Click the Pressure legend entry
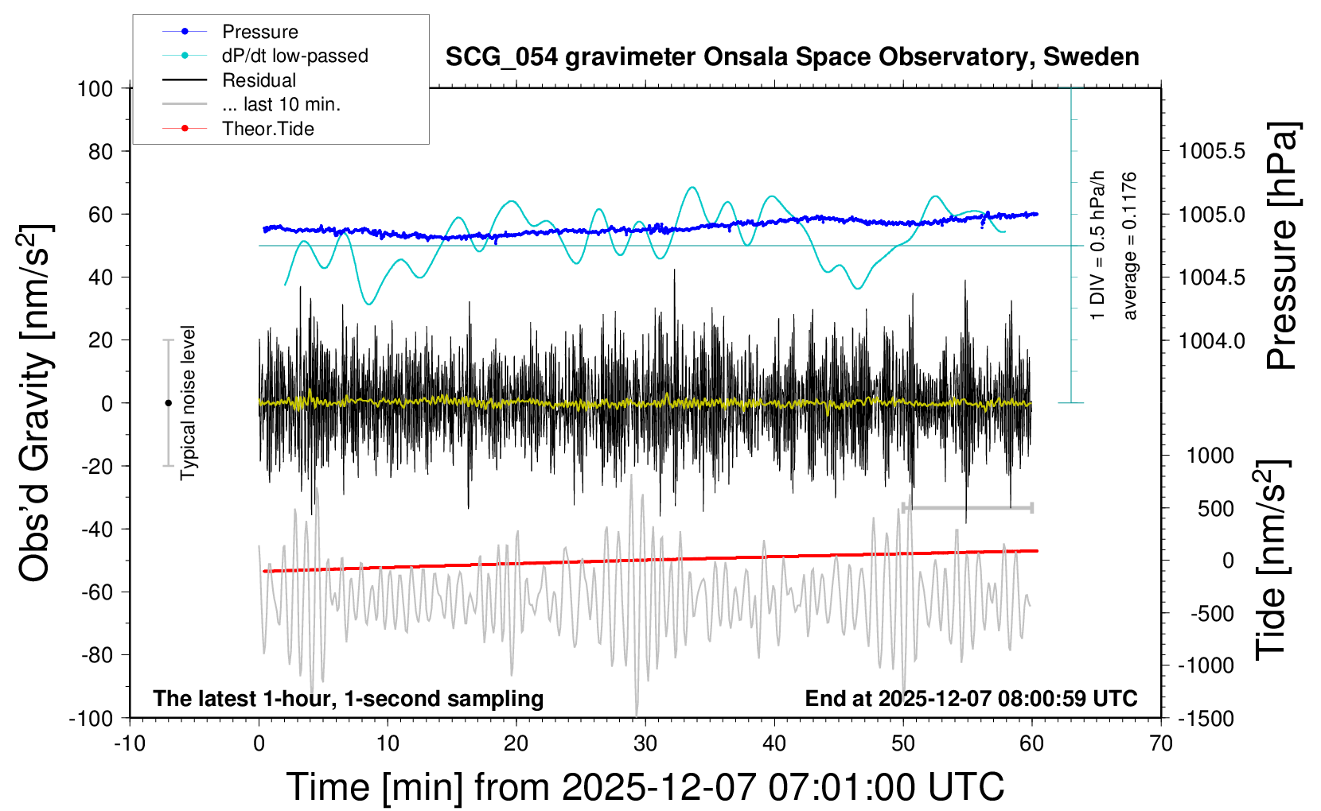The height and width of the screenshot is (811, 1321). pos(259,32)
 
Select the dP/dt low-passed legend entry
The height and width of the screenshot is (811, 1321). pos(294,56)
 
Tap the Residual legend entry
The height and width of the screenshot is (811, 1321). pos(259,80)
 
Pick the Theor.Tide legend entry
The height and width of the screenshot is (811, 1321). pos(267,129)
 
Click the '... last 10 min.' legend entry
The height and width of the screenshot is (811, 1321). pos(280,104)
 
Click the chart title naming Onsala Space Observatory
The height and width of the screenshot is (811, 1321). pos(792,57)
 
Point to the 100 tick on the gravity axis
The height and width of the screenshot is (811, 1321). pos(95,88)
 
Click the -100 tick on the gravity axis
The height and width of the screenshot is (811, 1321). pos(91,718)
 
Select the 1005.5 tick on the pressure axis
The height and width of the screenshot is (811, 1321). pos(1212,151)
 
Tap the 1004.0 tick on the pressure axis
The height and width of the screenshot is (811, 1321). pos(1212,340)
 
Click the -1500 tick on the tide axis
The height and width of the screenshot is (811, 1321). pos(1206,719)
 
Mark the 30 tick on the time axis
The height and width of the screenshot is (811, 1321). pos(645,743)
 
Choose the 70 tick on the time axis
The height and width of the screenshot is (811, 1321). pos(1161,743)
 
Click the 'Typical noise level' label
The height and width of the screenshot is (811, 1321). pos(188,402)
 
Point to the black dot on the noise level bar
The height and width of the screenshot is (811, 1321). pos(168,403)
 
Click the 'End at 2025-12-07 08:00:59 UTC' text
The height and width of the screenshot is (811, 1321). pos(971,699)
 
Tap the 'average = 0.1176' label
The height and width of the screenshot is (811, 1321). pos(1130,246)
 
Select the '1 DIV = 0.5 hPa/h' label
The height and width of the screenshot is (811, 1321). pos(1098,245)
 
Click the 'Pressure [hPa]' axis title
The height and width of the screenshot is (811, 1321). pos(1282,246)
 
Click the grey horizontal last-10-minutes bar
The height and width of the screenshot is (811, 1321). pos(968,507)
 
